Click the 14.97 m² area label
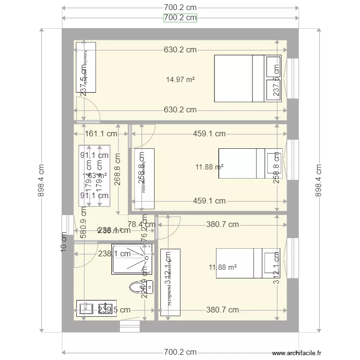(x=180, y=80)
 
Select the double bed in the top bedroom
(x=248, y=78)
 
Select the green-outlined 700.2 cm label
(x=180, y=18)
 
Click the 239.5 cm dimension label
(x=114, y=310)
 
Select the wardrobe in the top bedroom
(x=86, y=68)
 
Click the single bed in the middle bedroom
(x=250, y=164)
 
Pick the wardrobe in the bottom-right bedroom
(x=170, y=282)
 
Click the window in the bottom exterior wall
(x=130, y=326)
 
